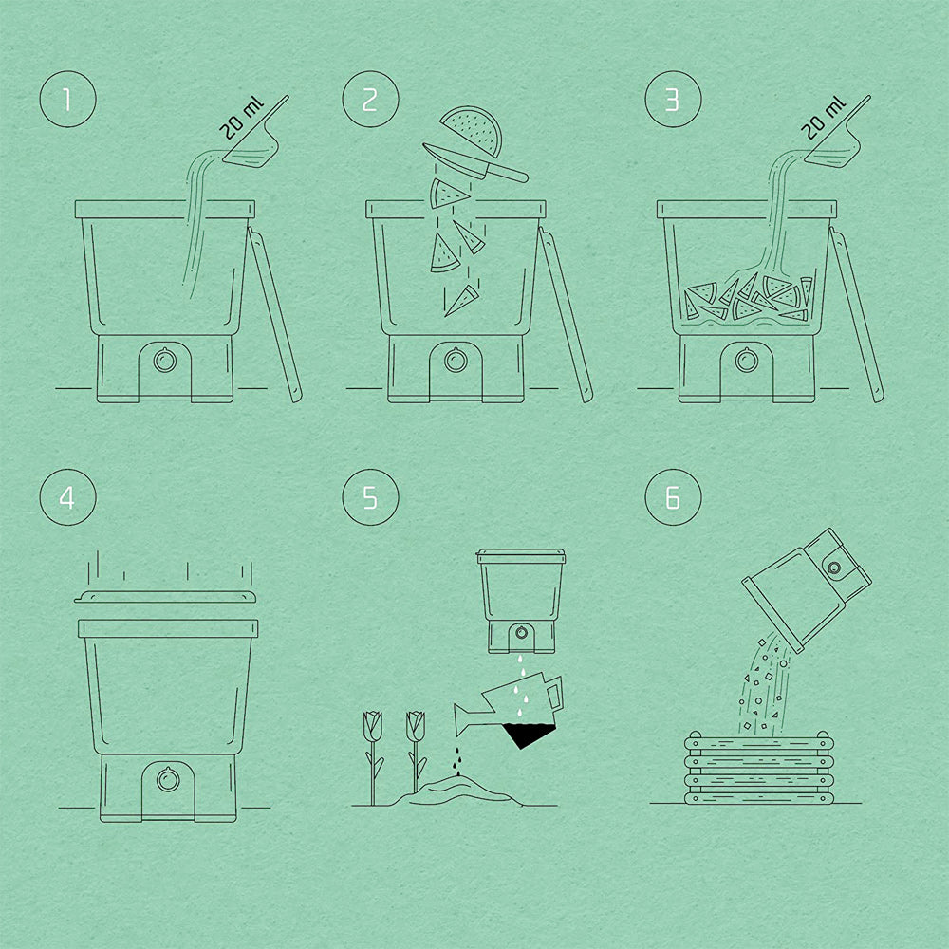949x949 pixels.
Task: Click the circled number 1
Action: [x=67, y=100]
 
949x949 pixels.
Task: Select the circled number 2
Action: [x=370, y=100]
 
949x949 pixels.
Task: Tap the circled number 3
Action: [x=673, y=100]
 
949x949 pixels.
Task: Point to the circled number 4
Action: [x=67, y=497]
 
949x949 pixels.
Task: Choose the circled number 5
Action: [x=370, y=497]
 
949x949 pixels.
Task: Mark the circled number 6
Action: [x=673, y=497]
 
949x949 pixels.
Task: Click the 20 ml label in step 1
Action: [x=241, y=118]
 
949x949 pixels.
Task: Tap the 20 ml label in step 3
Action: [x=823, y=118]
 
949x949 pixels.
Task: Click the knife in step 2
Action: [x=475, y=163]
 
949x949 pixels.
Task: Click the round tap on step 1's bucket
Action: [x=164, y=361]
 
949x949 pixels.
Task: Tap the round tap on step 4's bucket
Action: [x=168, y=779]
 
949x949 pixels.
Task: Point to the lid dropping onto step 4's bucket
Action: [x=164, y=597]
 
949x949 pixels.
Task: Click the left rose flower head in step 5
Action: [x=372, y=726]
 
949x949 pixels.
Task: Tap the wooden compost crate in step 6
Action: [x=759, y=768]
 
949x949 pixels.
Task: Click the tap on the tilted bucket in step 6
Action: [x=834, y=568]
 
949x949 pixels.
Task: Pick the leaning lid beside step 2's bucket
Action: [x=565, y=315]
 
